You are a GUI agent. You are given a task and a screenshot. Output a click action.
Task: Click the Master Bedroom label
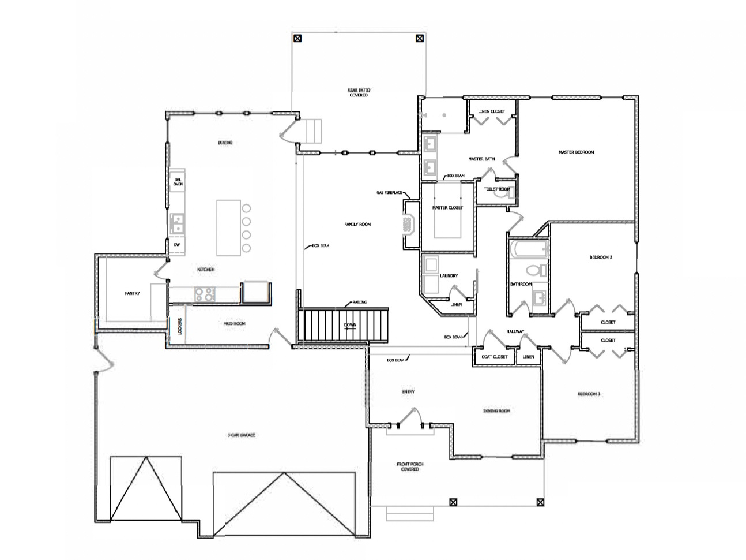pos(575,152)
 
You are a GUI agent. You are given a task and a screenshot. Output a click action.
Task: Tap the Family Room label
pos(357,224)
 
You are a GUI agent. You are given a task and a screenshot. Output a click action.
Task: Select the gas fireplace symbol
pos(409,225)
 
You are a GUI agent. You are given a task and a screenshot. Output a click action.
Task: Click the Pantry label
pos(133,293)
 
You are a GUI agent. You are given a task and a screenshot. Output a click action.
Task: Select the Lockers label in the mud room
pos(180,327)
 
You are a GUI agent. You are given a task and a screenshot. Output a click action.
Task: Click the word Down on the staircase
pos(350,325)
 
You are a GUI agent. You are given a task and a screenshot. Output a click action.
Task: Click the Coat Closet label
pos(494,357)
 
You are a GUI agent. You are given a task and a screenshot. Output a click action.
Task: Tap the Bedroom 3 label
pos(589,394)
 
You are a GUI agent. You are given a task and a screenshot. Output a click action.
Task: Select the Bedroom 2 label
pos(600,257)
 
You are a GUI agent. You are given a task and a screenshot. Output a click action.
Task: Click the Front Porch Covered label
pos(407,466)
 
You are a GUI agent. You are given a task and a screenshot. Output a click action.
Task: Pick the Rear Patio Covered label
pos(358,92)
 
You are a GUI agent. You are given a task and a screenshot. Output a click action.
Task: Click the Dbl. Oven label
pos(178,182)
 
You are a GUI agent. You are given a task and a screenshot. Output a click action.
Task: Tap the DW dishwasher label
pos(177,245)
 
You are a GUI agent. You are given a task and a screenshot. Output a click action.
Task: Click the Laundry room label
pos(449,276)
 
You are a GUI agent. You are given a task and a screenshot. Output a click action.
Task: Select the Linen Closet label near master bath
pos(491,111)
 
